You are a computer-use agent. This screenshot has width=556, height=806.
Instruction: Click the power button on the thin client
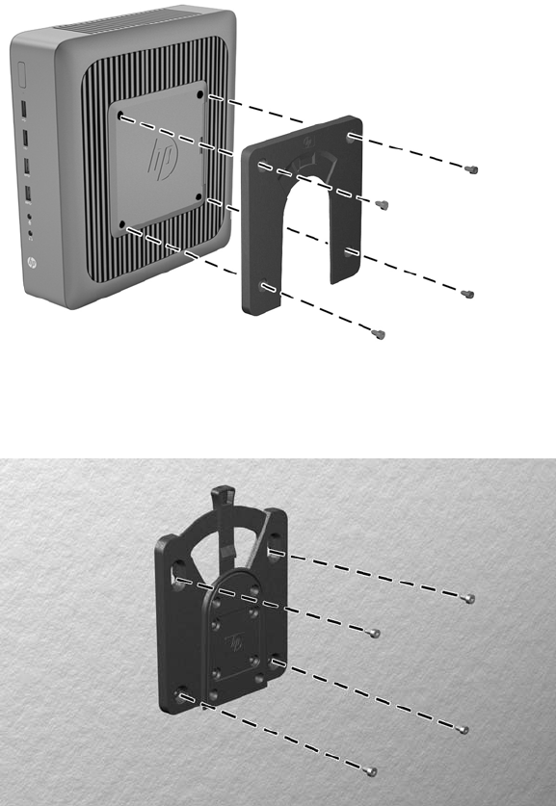(x=21, y=74)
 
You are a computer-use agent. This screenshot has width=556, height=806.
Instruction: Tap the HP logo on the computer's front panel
(x=31, y=263)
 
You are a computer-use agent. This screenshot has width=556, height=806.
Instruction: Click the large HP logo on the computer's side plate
(x=163, y=159)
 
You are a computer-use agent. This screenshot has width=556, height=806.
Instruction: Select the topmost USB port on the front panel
(x=24, y=110)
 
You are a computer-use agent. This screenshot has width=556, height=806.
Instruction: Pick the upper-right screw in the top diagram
(x=471, y=169)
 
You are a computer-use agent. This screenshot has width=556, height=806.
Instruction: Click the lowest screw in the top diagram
(x=379, y=335)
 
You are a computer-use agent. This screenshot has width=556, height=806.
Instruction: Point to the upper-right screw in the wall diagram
(x=468, y=598)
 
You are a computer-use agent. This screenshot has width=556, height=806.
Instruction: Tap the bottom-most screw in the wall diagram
(x=370, y=771)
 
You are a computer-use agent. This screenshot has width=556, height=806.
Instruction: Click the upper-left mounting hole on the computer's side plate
(x=120, y=116)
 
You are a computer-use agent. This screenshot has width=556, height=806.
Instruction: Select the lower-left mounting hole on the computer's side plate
(x=122, y=224)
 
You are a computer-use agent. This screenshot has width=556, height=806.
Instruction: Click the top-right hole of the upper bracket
(x=350, y=137)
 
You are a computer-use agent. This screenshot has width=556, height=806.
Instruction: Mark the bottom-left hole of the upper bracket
(x=265, y=286)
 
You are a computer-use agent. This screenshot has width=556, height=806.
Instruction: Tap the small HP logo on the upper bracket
(x=308, y=141)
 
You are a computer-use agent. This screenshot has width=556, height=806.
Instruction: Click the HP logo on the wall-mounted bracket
(x=235, y=642)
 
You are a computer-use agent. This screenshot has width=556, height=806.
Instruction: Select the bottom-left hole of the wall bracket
(x=180, y=694)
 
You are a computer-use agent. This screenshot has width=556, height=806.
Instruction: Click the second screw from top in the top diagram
(x=382, y=204)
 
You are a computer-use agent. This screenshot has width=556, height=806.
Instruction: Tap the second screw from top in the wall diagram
(x=375, y=633)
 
